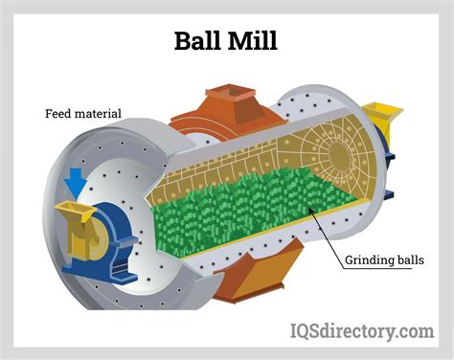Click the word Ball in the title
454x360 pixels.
pyautogui.click(x=197, y=41)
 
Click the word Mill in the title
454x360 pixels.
pyautogui.click(x=256, y=41)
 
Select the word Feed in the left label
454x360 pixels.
pyautogui.click(x=59, y=114)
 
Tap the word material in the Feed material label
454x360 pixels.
pyautogui.click(x=99, y=114)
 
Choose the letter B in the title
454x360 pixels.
pyautogui.click(x=184, y=41)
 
